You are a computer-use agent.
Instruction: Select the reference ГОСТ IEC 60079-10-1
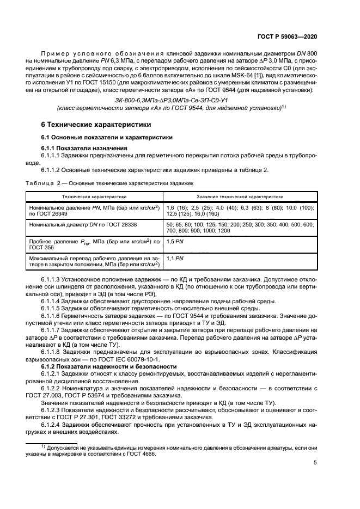point(130,360)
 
